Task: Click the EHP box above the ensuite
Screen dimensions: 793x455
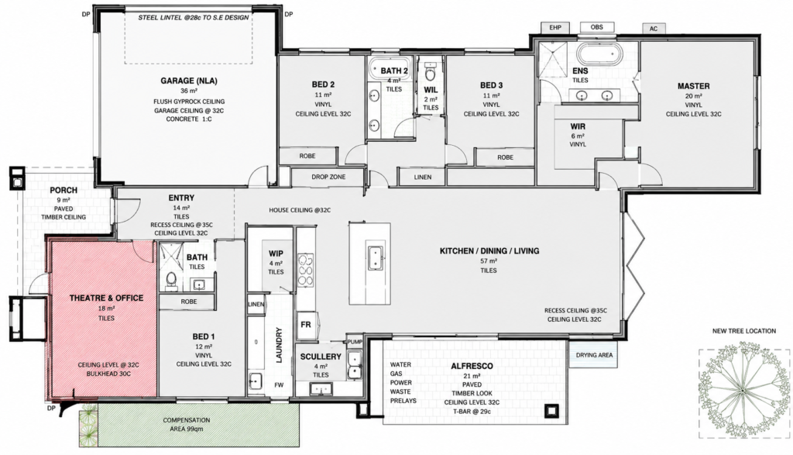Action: [x=555, y=28]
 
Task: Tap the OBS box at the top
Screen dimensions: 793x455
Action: [x=597, y=27]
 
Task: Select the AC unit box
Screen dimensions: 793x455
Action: [x=654, y=29]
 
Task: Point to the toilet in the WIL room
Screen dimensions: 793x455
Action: [x=431, y=73]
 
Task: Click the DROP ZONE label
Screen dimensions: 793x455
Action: [x=328, y=178]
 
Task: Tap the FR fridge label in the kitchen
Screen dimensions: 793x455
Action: [x=306, y=325]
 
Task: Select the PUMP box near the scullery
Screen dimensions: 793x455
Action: [x=355, y=342]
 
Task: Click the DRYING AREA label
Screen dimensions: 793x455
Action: [x=594, y=355]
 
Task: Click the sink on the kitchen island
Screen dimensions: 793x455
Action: [x=374, y=257]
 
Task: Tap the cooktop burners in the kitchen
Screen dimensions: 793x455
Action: [x=305, y=271]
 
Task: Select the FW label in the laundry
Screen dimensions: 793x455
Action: [x=279, y=384]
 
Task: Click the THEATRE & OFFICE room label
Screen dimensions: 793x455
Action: [x=106, y=298]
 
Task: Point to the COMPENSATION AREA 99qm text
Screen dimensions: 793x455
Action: [x=186, y=425]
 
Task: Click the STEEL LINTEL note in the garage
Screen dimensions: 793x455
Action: [x=194, y=18]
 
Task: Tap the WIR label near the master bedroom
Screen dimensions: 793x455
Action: [x=578, y=126]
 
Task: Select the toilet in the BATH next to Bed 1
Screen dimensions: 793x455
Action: [x=171, y=279]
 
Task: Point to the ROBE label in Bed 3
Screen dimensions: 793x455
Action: [x=505, y=157]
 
